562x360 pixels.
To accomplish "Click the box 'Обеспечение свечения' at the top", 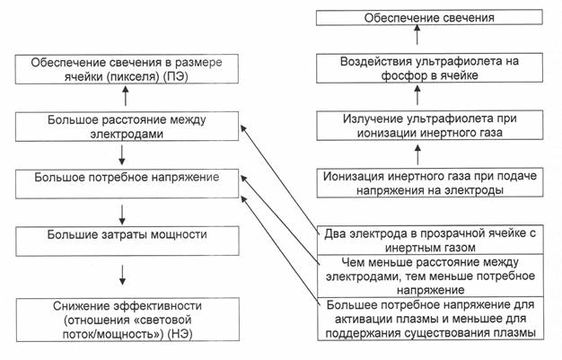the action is (429, 18).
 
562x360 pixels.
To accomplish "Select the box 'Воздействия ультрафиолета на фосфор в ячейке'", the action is (429, 67).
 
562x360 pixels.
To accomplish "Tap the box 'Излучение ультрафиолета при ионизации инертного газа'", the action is (429, 125).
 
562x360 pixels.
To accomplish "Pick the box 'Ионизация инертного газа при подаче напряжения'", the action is (430, 182).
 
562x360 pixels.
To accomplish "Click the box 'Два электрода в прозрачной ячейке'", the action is (430, 240).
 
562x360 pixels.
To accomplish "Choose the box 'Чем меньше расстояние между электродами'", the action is (430, 276).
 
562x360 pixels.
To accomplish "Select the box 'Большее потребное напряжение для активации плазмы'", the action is (430, 319).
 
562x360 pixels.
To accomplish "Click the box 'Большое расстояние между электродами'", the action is (127, 127).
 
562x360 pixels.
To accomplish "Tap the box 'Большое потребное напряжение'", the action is (127, 184).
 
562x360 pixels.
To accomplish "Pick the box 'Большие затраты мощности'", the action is (127, 241).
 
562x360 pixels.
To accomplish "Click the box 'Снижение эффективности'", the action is (127, 320).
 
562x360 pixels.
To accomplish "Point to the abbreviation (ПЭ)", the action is (176, 76).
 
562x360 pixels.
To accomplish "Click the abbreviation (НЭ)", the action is (180, 334).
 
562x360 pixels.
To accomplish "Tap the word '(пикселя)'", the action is (133, 76).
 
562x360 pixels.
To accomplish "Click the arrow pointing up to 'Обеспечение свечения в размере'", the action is (126, 96).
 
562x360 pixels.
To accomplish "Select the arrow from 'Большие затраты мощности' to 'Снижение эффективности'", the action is (122, 275).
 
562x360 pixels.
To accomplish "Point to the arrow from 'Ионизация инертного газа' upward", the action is (417, 154).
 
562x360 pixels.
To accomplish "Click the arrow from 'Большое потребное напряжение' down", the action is (122, 215).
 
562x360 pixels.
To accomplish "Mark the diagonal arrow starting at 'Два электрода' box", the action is (279, 180).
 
